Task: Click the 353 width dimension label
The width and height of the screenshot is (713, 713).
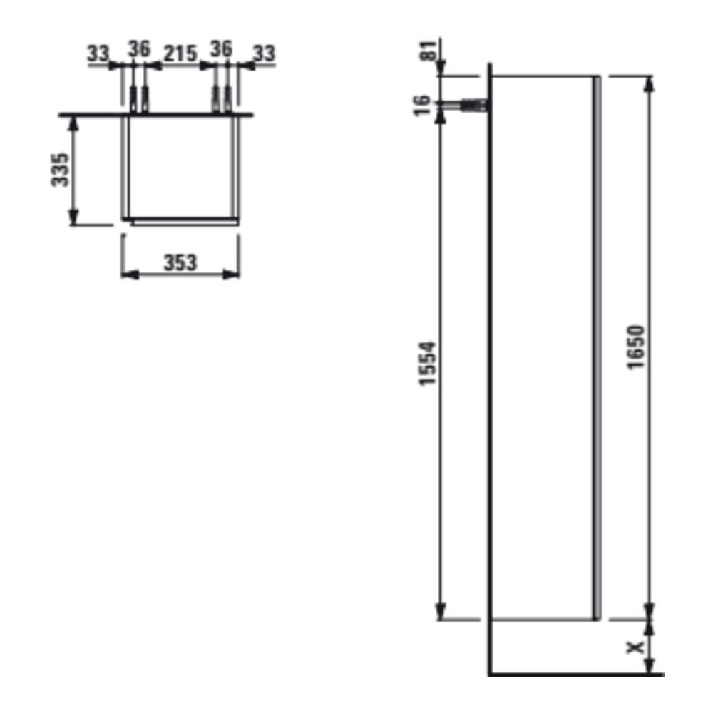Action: [x=180, y=262]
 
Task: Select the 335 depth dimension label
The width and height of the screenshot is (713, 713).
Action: [x=60, y=170]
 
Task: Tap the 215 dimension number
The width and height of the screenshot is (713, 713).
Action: [x=180, y=53]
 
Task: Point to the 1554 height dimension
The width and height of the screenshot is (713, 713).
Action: [x=427, y=364]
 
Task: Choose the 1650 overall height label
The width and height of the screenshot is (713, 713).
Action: [x=636, y=347]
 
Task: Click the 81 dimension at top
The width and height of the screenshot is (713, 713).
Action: [x=427, y=50]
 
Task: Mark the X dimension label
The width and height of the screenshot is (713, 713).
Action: [x=636, y=647]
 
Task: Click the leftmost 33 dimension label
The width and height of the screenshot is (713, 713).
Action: [x=98, y=53]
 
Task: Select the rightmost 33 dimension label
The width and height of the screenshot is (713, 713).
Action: [x=265, y=53]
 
